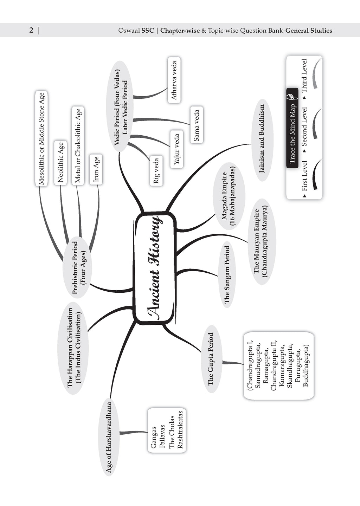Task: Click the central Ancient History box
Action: click(155, 268)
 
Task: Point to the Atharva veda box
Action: click(174, 80)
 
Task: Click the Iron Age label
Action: click(96, 169)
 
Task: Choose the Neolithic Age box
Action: click(61, 162)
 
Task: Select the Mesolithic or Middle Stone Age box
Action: click(41, 138)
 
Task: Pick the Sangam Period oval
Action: click(227, 274)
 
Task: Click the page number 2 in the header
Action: click(31, 31)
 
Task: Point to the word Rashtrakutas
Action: click(180, 429)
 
